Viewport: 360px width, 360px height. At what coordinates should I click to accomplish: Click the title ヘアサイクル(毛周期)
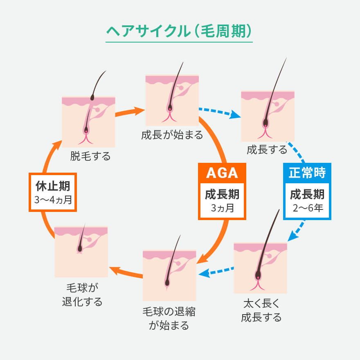[179, 32]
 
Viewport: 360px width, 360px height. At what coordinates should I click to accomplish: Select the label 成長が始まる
[172, 135]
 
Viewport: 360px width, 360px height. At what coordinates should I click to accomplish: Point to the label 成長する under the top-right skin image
[267, 150]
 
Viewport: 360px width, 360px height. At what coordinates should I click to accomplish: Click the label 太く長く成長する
[261, 310]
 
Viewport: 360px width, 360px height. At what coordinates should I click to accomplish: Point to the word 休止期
[53, 187]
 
